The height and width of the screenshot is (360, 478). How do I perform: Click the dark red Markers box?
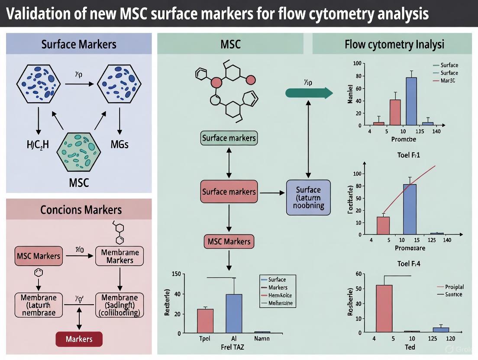[79, 339]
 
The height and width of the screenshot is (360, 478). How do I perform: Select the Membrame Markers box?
[120, 256]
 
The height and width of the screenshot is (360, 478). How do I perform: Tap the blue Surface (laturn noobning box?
[308, 197]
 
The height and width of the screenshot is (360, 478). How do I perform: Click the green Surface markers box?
[229, 138]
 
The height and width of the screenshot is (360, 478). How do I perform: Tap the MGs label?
[119, 145]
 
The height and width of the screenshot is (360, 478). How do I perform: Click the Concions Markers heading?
[81, 210]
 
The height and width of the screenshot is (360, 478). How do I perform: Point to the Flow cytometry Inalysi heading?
[394, 44]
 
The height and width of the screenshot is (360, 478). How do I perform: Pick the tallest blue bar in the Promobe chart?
[411, 101]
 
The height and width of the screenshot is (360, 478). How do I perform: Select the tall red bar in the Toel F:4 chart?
[384, 308]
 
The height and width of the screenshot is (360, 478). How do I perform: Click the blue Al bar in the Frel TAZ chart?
[234, 313]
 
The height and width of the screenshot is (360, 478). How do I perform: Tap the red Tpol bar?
[205, 321]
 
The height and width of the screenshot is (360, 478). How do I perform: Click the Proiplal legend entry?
[454, 287]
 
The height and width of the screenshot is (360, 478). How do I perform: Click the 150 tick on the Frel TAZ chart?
[176, 274]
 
